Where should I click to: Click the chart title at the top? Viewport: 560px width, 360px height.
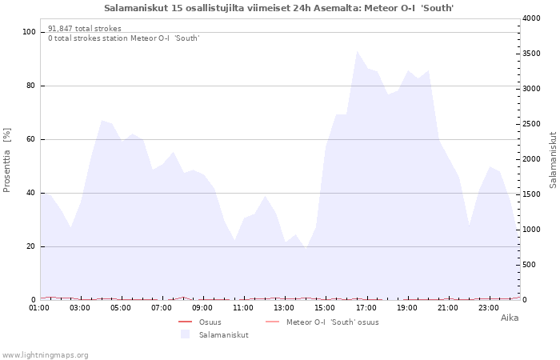(x=279, y=8)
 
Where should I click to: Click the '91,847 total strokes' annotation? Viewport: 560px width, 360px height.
(x=85, y=29)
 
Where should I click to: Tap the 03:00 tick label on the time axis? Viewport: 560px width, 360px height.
(x=80, y=308)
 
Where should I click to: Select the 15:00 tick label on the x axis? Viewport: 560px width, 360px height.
(x=325, y=308)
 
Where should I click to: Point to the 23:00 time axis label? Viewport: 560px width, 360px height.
(x=488, y=308)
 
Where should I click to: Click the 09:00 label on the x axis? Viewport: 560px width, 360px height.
(x=202, y=308)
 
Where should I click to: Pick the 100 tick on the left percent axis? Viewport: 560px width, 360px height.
(x=29, y=32)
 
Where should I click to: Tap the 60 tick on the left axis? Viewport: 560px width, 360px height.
(x=30, y=139)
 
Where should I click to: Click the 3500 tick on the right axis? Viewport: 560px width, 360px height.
(x=531, y=54)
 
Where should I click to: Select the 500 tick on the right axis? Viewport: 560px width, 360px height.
(x=529, y=265)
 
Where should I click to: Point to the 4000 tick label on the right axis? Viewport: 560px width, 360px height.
(x=531, y=18)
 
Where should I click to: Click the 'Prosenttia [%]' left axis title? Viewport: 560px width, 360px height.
(x=6, y=160)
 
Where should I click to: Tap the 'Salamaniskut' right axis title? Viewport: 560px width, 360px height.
(x=553, y=160)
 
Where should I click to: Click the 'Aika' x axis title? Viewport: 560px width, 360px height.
(x=510, y=318)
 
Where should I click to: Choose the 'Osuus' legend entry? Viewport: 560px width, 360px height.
(x=200, y=322)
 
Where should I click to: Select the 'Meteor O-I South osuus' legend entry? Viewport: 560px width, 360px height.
(x=322, y=322)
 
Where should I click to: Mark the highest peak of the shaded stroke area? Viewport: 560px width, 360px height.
(x=357, y=51)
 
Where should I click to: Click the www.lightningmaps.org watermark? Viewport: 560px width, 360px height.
(x=45, y=355)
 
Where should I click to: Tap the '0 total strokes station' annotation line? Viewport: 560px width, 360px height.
(x=124, y=38)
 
